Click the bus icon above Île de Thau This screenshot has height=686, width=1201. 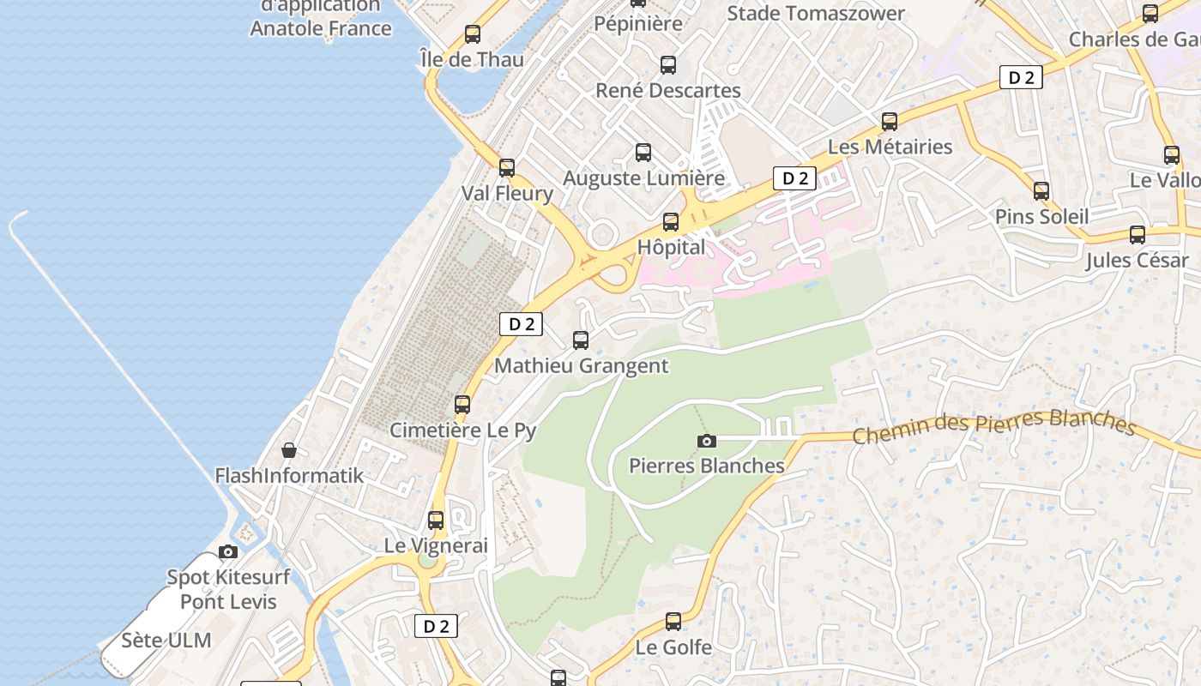coord(472,34)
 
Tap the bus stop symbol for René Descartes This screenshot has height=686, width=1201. coord(668,64)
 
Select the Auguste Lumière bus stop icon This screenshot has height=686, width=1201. coord(643,153)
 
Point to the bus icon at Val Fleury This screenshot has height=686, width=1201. coord(507,167)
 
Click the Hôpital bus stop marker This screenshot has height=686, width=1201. coord(671,222)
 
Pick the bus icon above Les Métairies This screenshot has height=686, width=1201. coord(890,122)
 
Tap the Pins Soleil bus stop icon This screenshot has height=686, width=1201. coord(1041,191)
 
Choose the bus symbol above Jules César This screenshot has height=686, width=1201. coord(1138,234)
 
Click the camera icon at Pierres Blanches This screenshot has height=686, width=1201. coord(707,441)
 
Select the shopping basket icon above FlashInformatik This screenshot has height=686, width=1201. coord(290,450)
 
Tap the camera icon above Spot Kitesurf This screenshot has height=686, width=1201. coord(228,551)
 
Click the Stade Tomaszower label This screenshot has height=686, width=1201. coord(816,14)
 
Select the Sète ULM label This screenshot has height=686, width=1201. coord(166,641)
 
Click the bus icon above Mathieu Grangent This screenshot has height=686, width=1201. coord(581,340)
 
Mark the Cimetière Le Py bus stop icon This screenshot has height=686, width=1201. coord(462,404)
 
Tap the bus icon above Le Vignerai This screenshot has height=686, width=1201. coord(436,520)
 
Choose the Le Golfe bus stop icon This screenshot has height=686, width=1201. coord(673,621)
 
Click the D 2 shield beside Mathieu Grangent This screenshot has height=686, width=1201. coord(522,324)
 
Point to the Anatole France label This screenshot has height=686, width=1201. coord(321,28)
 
